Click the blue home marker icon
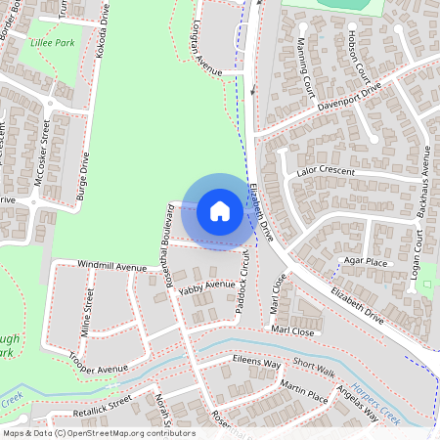220,210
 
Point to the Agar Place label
367,262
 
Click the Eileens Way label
256,363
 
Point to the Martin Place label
304,393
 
